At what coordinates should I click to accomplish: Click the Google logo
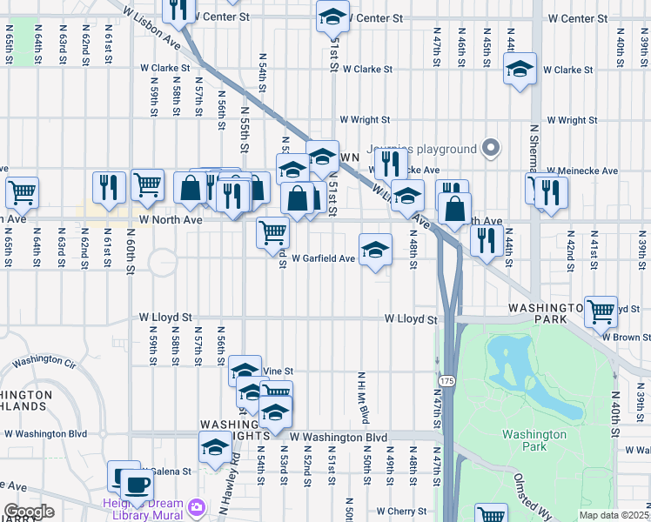(29, 512)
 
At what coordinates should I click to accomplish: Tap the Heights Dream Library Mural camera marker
(198, 505)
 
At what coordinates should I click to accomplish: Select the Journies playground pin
(491, 149)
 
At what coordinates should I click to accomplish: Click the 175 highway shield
(446, 381)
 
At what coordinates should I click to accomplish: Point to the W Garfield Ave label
(323, 258)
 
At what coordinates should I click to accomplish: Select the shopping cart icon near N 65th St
(22, 191)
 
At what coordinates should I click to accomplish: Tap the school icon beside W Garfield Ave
(375, 250)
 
